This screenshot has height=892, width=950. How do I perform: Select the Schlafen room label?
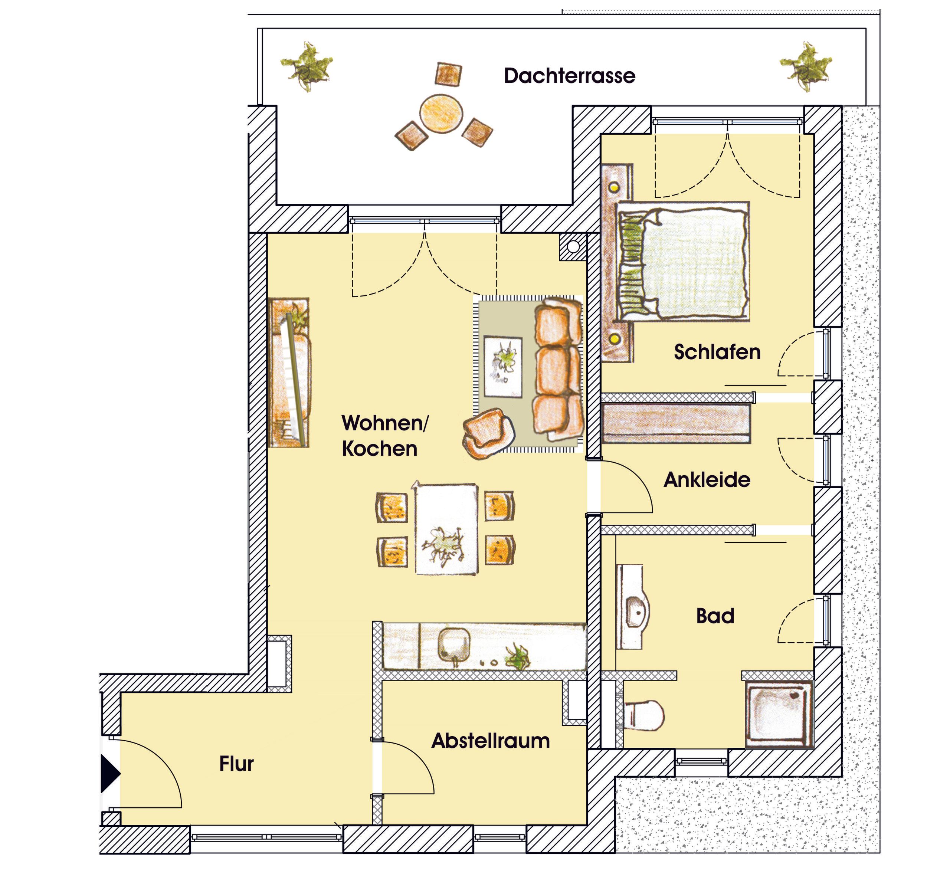point(717,352)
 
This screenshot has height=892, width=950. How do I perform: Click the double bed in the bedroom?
point(683,261)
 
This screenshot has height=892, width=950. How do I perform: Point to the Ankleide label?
point(707,480)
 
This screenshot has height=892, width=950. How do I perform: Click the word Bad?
point(715,616)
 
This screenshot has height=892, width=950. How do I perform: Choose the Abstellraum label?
point(491,741)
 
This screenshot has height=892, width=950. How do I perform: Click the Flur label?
point(236,764)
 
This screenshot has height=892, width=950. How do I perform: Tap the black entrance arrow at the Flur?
point(110,774)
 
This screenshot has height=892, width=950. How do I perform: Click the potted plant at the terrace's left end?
point(306,66)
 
